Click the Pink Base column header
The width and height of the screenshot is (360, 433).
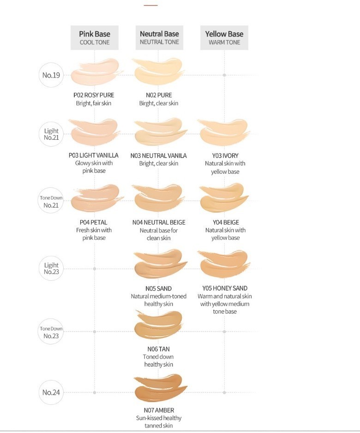click(95, 37)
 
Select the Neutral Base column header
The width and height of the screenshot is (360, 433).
click(159, 37)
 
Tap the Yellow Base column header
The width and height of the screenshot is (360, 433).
click(224, 37)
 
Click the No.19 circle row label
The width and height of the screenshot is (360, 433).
click(51, 75)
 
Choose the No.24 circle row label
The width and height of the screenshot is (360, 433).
click(51, 392)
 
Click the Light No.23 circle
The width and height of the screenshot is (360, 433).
click(51, 268)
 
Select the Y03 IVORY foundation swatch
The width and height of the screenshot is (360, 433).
click(223, 132)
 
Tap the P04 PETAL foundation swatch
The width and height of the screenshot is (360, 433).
click(95, 197)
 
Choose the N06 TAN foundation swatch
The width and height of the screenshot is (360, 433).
click(158, 326)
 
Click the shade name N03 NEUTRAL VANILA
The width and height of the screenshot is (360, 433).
click(159, 156)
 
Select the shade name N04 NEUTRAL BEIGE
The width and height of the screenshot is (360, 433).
click(159, 222)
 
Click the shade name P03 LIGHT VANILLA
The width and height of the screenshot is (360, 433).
click(93, 155)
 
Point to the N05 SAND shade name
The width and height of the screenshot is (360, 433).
click(158, 289)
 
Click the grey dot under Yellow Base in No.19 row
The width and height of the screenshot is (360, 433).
click(224, 75)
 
